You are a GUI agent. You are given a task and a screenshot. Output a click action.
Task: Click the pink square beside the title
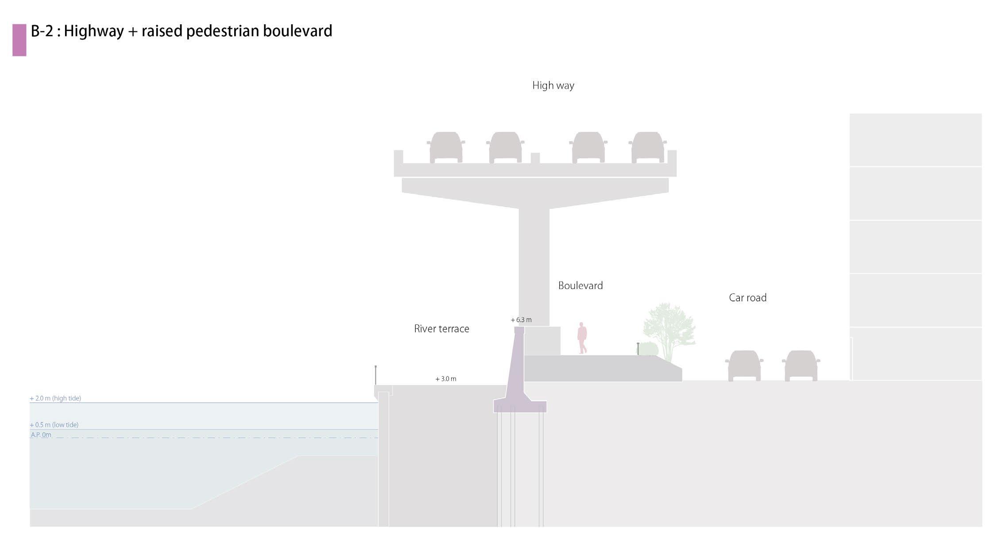click(19, 40)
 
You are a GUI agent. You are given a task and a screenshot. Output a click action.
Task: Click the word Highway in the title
click(93, 31)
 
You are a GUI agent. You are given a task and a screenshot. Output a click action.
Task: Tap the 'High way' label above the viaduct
click(553, 85)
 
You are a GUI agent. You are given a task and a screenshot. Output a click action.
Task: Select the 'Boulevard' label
click(580, 285)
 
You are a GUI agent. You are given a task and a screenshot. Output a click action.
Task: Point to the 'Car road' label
click(747, 298)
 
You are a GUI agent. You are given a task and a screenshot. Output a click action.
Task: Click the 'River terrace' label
click(441, 329)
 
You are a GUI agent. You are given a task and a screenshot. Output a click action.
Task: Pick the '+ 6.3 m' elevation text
click(521, 320)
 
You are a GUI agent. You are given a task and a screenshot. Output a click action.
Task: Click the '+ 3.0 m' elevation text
click(446, 379)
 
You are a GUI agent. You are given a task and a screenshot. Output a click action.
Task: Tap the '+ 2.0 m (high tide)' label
click(55, 398)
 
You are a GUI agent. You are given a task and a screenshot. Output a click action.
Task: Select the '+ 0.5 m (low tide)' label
click(54, 425)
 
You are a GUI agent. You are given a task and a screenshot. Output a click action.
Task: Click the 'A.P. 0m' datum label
click(41, 435)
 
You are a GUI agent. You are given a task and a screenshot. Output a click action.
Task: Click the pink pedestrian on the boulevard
click(582, 338)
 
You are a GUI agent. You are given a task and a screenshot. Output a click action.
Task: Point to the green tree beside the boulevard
click(669, 328)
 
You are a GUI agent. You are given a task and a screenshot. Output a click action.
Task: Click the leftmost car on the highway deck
click(446, 147)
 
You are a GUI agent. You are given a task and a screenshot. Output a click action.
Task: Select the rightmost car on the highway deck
click(648, 147)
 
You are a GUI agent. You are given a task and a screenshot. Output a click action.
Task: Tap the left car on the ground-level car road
click(744, 366)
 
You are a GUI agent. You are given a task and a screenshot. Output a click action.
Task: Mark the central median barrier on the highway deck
click(535, 158)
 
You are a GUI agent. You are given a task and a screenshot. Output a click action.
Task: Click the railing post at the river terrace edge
click(375, 375)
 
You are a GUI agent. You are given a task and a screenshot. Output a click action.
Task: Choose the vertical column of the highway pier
click(534, 266)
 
